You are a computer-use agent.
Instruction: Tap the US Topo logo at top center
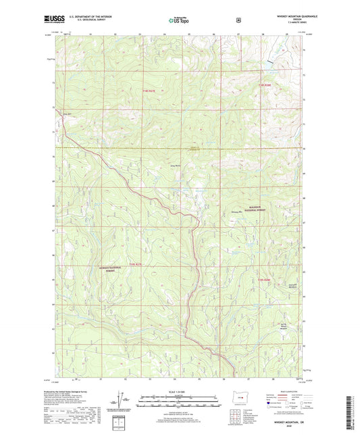[178, 20]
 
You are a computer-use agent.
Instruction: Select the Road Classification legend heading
[292, 390]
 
